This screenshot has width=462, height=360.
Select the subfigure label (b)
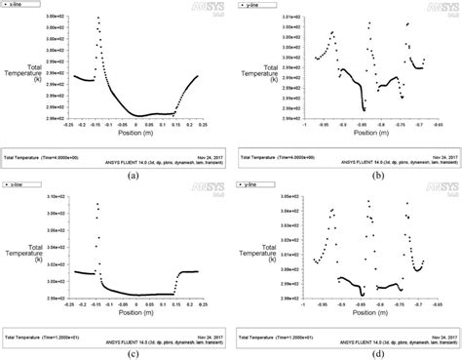[347, 176]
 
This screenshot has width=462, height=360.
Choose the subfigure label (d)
[347, 355]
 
